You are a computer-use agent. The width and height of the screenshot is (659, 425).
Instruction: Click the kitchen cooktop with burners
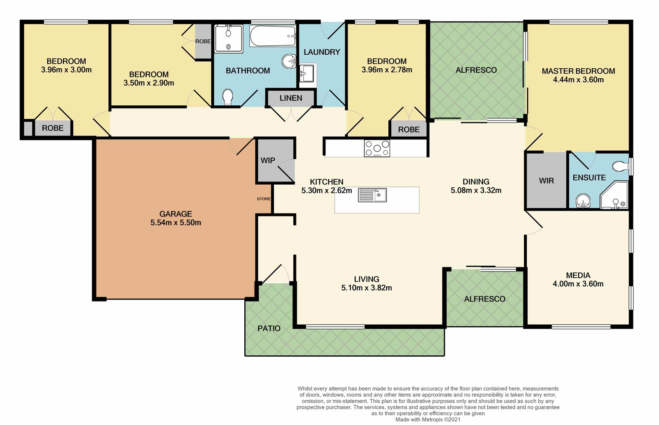377,148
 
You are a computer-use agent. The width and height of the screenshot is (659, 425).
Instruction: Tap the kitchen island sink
372,195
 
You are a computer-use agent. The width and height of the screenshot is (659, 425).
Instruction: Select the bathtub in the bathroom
273,36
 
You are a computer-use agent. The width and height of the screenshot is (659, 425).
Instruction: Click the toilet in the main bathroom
228,97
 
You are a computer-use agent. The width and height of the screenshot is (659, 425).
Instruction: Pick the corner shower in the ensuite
614,195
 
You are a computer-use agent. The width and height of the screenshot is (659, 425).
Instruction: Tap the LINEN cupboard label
291,98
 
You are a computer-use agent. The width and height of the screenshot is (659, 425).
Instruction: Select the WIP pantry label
268,160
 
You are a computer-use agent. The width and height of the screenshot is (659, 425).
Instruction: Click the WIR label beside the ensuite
546,181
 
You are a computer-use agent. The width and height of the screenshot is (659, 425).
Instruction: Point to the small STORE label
264,199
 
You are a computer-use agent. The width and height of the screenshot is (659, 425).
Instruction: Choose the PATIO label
269,329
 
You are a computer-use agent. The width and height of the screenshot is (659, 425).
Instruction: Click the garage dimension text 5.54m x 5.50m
175,223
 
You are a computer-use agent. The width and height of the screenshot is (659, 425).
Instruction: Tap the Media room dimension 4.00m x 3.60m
578,284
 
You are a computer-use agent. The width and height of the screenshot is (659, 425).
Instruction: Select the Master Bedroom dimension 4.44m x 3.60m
578,80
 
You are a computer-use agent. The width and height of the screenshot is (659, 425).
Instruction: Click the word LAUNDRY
322,52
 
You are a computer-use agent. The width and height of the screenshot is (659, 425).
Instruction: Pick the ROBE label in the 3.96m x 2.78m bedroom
409,129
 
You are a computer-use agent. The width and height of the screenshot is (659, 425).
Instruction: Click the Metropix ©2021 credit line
428,419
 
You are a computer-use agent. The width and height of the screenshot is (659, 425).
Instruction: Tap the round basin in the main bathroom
289,61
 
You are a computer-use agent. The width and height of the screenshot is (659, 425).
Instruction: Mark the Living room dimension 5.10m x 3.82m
367,288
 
